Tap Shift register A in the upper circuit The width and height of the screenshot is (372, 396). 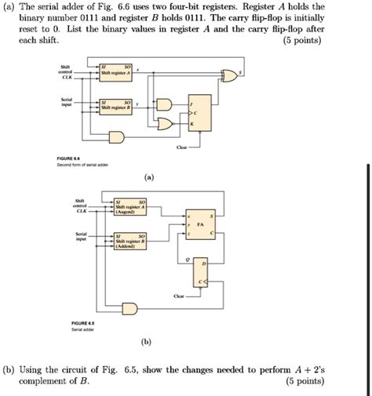(x=126, y=71)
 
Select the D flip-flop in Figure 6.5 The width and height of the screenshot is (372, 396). (x=201, y=273)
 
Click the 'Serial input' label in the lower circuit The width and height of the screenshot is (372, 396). (x=80, y=236)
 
